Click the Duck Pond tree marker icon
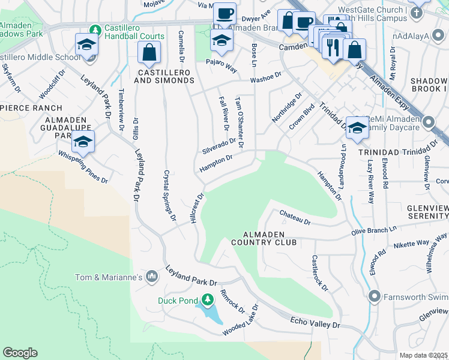[x=208, y=299]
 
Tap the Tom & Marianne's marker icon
[x=152, y=277]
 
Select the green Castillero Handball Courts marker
[x=95, y=30]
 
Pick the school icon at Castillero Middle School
[x=86, y=45]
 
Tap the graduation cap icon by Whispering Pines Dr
[x=83, y=143]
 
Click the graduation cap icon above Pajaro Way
[x=221, y=41]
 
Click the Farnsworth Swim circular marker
[x=375, y=296]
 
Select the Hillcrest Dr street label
[x=197, y=209]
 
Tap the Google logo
[x=20, y=353]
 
